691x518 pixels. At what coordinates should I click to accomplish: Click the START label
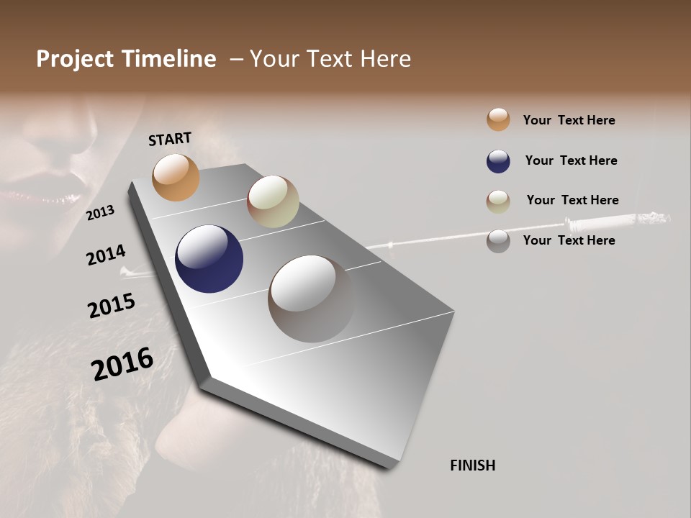170,139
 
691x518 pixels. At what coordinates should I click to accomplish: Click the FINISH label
472,465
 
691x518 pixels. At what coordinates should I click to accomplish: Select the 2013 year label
100,212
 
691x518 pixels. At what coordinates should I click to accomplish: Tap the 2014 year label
106,255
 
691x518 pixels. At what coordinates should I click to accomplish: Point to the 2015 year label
111,306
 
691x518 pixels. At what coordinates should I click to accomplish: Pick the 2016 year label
122,363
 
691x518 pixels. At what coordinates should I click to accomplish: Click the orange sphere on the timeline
176,177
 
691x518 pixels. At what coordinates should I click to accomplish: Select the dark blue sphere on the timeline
209,259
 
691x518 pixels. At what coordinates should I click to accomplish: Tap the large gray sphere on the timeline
312,299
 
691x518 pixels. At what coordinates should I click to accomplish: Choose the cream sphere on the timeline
273,201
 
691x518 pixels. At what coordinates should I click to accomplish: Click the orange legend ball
498,119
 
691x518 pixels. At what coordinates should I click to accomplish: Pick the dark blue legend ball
498,161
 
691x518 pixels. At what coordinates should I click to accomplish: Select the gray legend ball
498,241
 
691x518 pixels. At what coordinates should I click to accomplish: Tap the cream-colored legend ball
498,201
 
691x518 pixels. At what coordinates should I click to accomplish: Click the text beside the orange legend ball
569,120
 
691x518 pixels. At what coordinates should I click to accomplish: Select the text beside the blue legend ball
571,160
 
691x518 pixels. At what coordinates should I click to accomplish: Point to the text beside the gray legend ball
569,240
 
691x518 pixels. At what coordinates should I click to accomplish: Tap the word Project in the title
73,59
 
